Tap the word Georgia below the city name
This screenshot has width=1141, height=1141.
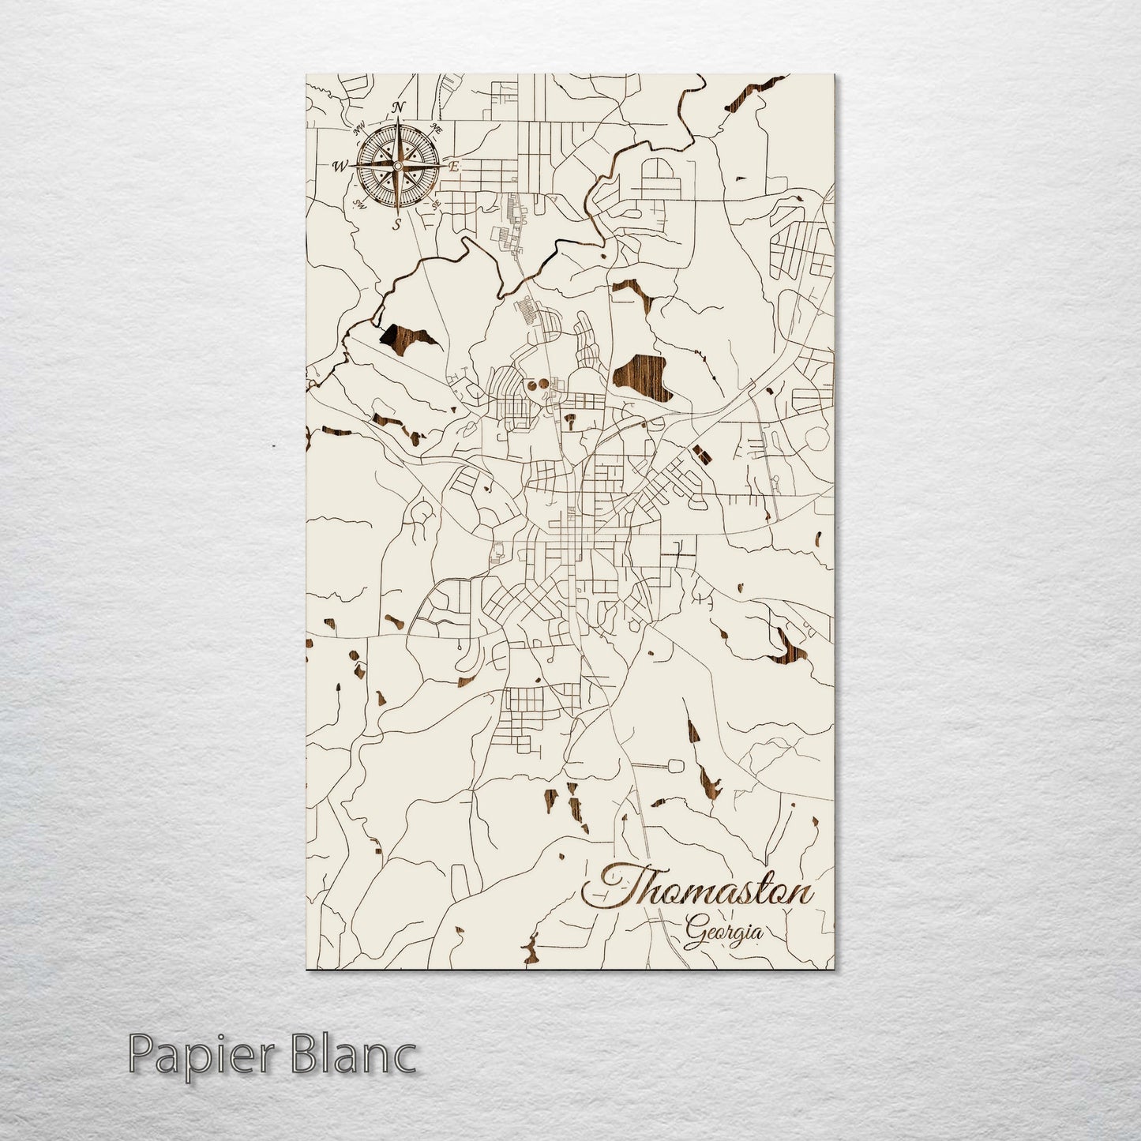pos(724,932)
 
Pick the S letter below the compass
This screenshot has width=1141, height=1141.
pos(397,224)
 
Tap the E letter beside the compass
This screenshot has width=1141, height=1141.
pos(454,167)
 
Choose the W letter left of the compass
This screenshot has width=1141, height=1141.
pos(340,166)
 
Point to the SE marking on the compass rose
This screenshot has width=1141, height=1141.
pos(435,204)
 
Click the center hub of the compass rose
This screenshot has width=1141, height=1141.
pos(397,166)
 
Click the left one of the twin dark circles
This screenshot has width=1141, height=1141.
pos(532,385)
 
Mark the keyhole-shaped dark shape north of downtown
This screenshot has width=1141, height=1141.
pos(569,421)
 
